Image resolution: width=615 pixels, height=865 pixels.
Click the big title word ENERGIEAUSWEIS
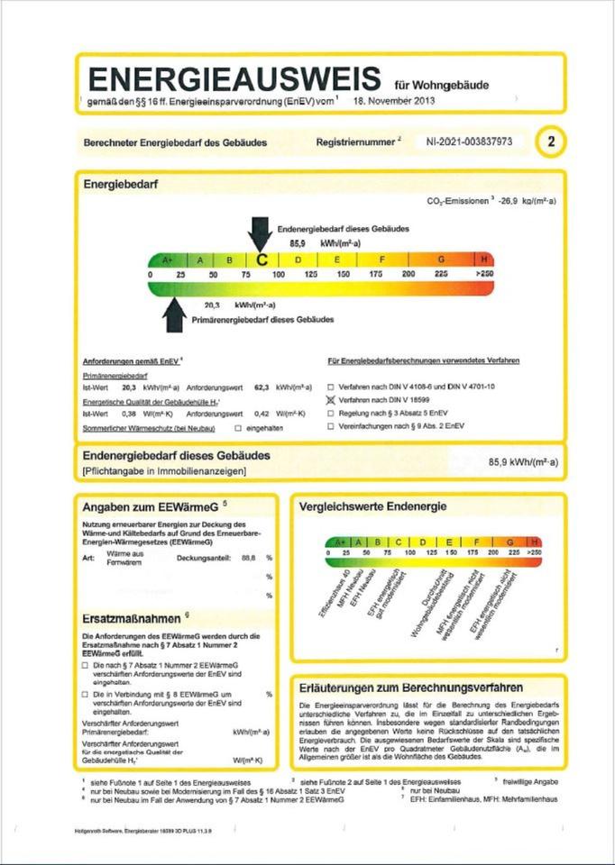coord(233,77)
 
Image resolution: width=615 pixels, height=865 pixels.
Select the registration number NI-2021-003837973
coord(469,142)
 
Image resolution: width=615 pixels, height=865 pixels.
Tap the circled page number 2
coord(551,142)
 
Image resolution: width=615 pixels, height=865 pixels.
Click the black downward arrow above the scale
coord(260,232)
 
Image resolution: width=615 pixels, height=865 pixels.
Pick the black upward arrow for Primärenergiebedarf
coord(174,316)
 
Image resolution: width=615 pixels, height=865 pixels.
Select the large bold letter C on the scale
coord(262,259)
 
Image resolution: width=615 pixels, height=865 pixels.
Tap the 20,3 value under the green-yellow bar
coord(213,305)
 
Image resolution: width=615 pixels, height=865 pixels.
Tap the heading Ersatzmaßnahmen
coord(136,618)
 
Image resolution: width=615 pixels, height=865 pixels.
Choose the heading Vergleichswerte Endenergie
coord(372,506)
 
